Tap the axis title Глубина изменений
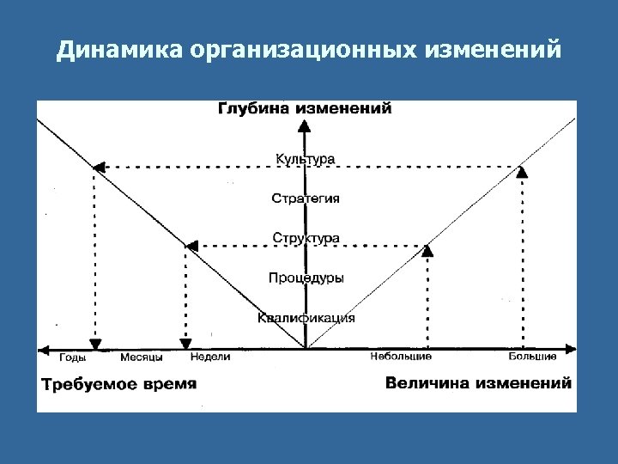click(306, 109)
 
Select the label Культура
click(306, 159)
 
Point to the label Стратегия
click(306, 198)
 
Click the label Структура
click(306, 237)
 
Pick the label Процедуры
click(306, 278)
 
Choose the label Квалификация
click(306, 318)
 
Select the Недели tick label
click(210, 357)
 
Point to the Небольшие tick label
click(401, 357)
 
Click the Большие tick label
click(532, 357)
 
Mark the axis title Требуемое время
click(119, 384)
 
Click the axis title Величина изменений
click(478, 383)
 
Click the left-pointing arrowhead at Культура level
click(98, 167)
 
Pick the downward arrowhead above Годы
click(95, 343)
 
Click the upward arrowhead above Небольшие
click(428, 250)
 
